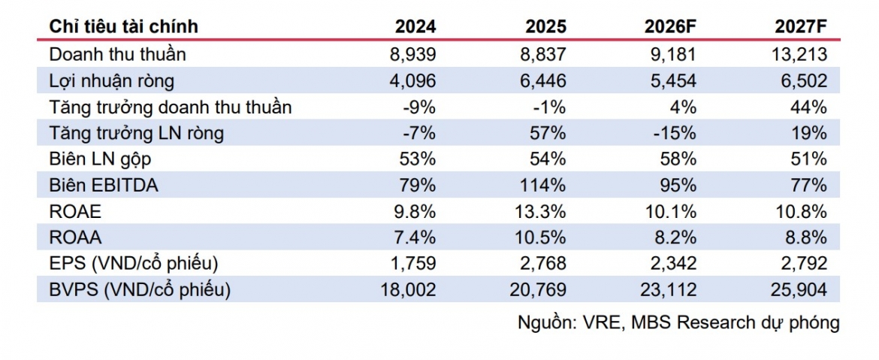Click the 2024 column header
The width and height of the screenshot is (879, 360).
[415, 26]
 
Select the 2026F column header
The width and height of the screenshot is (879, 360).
[670, 26]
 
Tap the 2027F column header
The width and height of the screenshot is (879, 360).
[801, 26]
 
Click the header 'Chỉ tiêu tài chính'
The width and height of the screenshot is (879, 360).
[124, 26]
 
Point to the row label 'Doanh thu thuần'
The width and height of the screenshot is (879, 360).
[118, 54]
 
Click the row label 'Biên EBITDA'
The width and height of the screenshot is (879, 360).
[104, 185]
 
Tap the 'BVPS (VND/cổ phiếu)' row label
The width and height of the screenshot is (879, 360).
[140, 290]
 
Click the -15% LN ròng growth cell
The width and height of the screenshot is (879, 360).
[675, 133]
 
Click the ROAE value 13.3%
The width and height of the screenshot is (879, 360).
[539, 211]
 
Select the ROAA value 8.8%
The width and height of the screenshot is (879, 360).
[805, 237]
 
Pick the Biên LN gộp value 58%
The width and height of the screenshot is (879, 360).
[679, 159]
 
